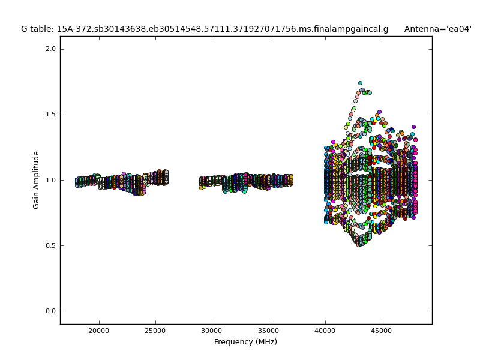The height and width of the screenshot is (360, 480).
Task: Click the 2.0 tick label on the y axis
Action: point(50,49)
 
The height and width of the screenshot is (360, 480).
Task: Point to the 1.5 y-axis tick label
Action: point(50,115)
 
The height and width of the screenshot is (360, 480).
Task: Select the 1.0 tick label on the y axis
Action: point(50,180)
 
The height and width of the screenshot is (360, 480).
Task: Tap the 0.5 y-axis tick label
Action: point(50,245)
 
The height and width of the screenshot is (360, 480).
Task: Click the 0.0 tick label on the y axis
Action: point(50,311)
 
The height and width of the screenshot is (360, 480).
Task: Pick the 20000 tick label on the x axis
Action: point(99,331)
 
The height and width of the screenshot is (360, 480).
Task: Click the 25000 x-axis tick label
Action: point(155,331)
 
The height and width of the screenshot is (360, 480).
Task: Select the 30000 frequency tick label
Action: point(212,331)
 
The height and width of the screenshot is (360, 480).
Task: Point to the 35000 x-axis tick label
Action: point(268,331)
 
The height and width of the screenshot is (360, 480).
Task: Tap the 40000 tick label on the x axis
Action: point(325,331)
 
